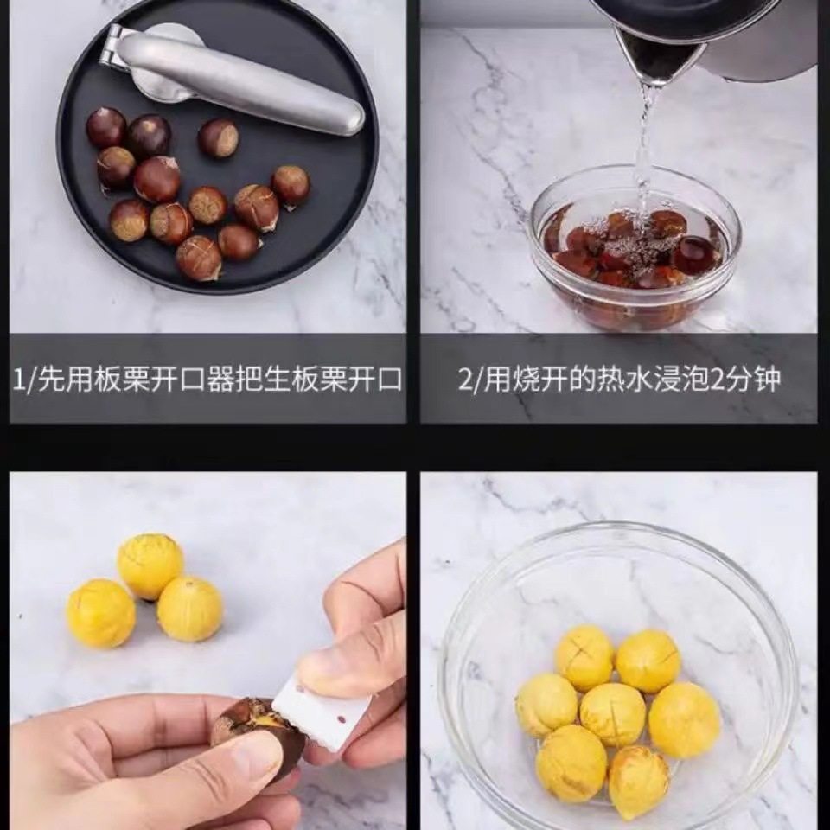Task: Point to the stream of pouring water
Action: click(644, 147)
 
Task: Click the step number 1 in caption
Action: click(18, 380)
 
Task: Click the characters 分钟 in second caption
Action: click(751, 380)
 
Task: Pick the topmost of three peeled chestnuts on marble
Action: click(150, 565)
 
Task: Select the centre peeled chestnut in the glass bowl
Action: click(612, 714)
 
